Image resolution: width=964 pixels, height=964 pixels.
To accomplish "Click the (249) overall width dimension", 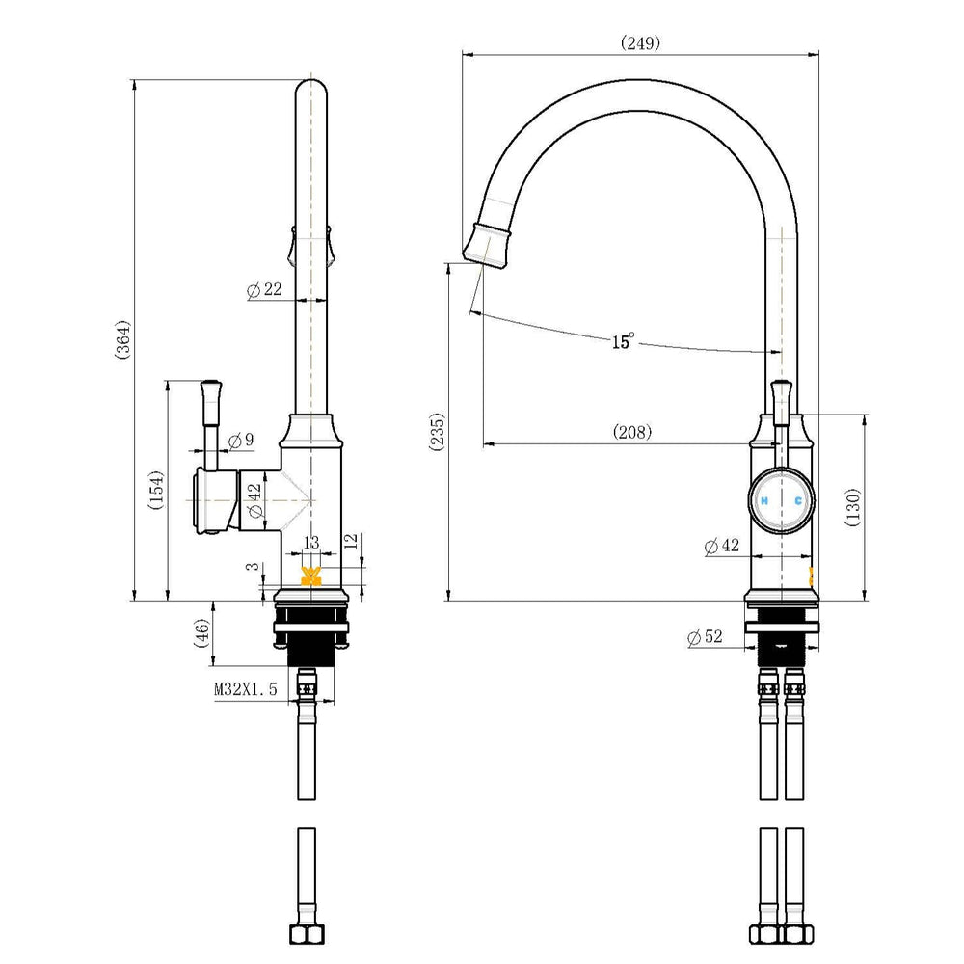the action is coord(640,43).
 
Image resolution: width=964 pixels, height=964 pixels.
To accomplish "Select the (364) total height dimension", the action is coord(123,339).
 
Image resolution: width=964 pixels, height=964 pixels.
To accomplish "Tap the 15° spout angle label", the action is coord(623,340).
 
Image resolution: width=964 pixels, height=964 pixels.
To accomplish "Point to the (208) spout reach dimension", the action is coord(632,432).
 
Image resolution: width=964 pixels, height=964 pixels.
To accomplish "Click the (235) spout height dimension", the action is coord(437,432).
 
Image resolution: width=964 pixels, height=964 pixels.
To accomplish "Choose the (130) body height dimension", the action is coord(853,507).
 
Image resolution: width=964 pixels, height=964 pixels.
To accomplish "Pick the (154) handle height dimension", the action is coord(156,490).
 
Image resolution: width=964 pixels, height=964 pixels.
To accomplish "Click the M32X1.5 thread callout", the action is coord(245,689).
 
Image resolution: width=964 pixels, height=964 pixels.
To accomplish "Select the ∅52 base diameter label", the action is coord(706,637).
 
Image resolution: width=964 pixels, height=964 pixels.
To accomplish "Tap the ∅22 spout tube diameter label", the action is coord(264,289).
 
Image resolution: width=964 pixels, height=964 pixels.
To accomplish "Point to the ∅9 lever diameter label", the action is coord(240,441).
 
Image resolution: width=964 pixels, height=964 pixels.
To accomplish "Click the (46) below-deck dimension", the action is coord(201,632).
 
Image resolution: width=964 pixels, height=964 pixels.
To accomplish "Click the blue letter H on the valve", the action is coord(764,501).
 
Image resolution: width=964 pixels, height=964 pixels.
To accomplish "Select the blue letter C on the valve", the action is coord(798,501).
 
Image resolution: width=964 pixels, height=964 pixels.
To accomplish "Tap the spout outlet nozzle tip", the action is coord(486,247).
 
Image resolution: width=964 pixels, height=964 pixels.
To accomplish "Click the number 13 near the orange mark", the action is coord(311,542).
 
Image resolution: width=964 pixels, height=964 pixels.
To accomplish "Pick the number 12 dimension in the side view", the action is coord(351,542).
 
